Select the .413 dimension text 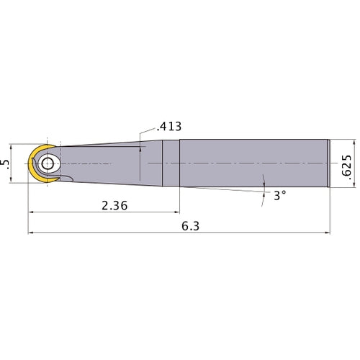(167, 127)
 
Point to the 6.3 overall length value (189, 225)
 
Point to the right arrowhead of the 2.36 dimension (175, 213)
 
